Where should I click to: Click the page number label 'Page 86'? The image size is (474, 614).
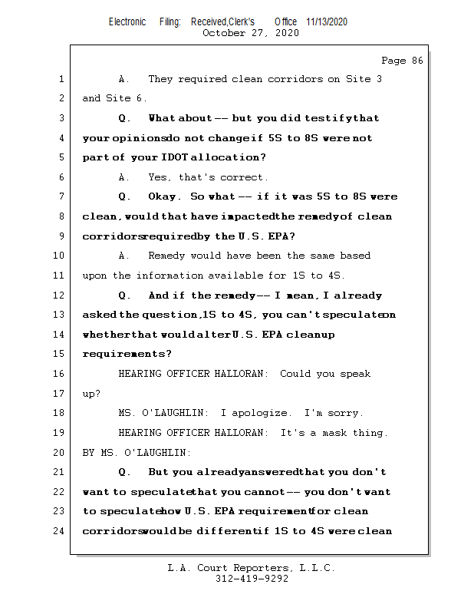tap(402, 61)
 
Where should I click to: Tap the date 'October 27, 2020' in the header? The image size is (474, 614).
tap(250, 33)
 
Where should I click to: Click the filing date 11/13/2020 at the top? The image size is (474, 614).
tap(326, 22)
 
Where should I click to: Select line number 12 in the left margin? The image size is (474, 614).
tap(59, 295)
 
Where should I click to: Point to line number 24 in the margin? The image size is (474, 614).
tap(59, 530)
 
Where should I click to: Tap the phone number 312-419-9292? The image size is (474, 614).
tap(252, 579)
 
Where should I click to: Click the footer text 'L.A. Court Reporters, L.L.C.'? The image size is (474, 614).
tap(252, 568)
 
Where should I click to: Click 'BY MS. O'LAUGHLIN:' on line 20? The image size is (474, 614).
tap(137, 453)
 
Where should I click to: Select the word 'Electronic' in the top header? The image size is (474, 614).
tap(127, 22)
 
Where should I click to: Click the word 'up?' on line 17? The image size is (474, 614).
tap(91, 394)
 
